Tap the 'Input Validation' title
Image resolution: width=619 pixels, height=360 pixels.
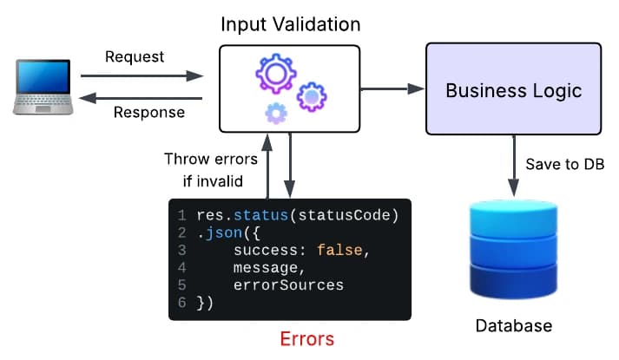click(x=289, y=23)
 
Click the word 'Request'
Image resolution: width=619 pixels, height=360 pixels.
click(x=135, y=58)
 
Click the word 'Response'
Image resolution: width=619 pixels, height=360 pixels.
click(x=149, y=113)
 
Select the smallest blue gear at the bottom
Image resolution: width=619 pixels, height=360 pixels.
click(x=276, y=112)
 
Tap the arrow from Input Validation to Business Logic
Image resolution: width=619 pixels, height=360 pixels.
click(x=392, y=88)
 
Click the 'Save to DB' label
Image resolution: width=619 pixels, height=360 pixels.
click(x=565, y=165)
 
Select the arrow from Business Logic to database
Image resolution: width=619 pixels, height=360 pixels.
click(x=512, y=165)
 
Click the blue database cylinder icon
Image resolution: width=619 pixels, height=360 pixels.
click(x=512, y=248)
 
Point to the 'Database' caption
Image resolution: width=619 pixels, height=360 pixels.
click(x=513, y=326)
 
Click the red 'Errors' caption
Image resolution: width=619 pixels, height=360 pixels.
click(x=306, y=337)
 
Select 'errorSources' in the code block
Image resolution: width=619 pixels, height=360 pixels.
click(x=288, y=285)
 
